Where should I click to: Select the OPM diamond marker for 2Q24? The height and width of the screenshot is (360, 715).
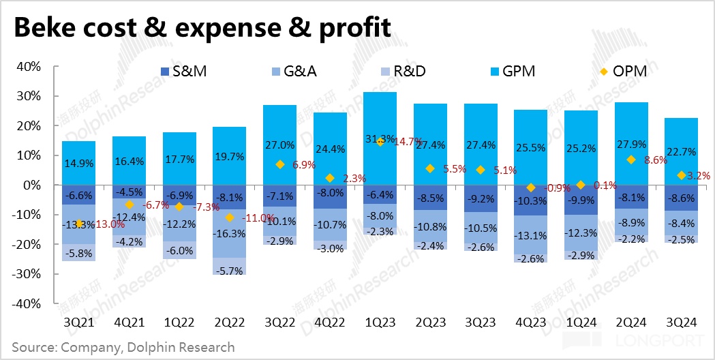(630, 160)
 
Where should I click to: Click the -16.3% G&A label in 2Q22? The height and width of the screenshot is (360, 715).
(229, 232)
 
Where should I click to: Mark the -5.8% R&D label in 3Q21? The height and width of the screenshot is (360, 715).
(78, 253)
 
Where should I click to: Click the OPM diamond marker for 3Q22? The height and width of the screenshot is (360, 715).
(279, 164)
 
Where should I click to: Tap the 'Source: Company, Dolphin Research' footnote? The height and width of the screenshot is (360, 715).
(123, 347)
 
